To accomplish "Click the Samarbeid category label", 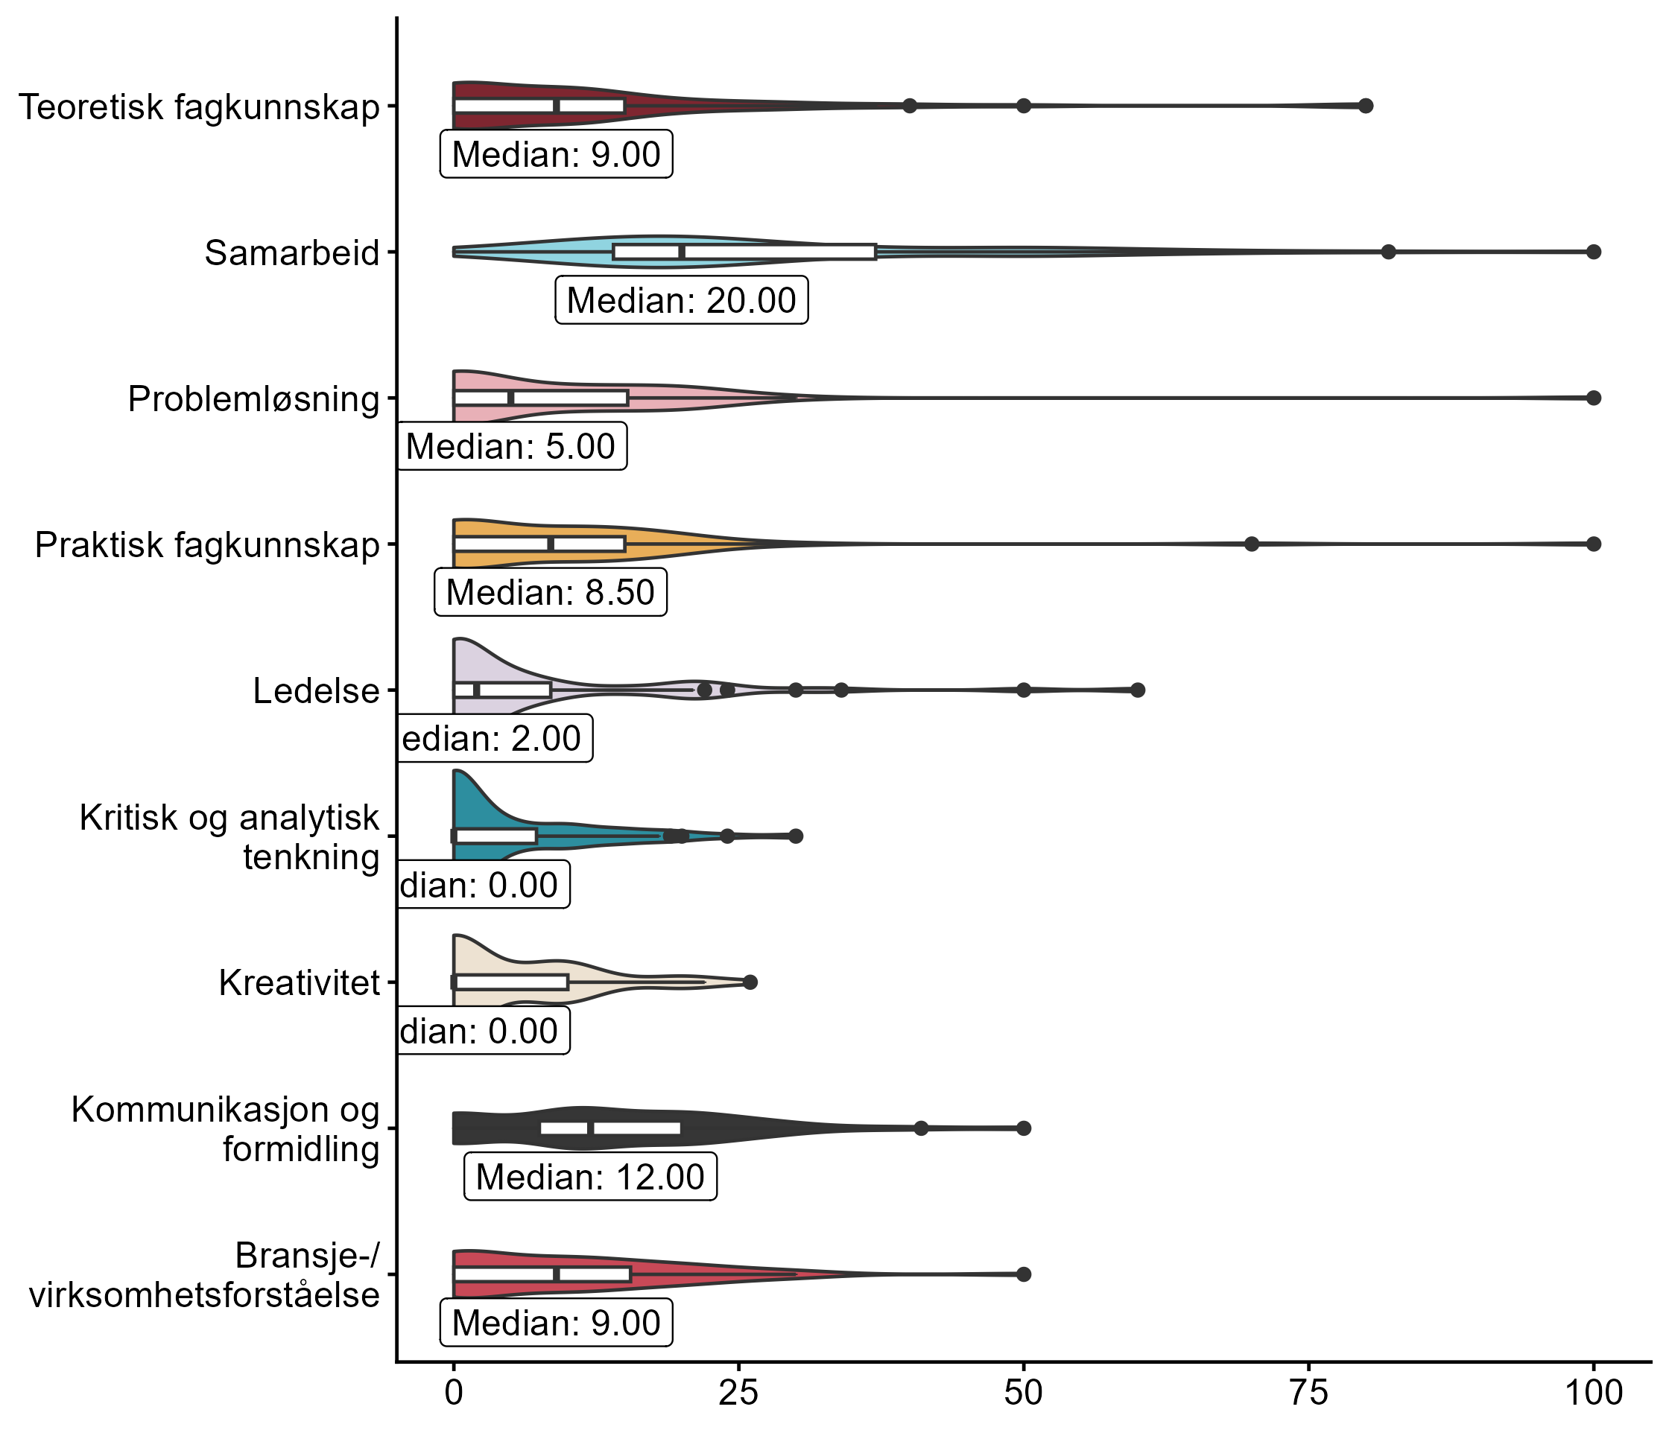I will [x=291, y=252].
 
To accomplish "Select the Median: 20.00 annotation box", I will [x=682, y=300].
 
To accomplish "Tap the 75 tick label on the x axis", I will [x=1308, y=1392].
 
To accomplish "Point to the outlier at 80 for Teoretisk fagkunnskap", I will [x=1365, y=106].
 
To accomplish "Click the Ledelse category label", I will [x=316, y=691].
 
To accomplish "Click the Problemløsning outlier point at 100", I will [x=1593, y=398].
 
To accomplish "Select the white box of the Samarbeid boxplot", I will [x=744, y=252].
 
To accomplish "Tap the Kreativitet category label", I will [x=299, y=983].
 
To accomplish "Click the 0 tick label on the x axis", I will [x=454, y=1392].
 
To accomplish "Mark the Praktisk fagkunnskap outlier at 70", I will [x=1252, y=544].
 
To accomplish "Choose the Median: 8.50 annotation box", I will [x=551, y=593].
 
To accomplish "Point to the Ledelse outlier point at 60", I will [x=1137, y=690].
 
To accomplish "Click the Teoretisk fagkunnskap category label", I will [x=199, y=107].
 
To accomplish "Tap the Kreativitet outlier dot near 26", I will [x=750, y=982].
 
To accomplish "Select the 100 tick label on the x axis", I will [x=1593, y=1392].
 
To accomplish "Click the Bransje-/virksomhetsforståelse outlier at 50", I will [x=1024, y=1274].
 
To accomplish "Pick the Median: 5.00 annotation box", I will [x=511, y=446].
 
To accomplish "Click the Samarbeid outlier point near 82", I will [x=1388, y=252].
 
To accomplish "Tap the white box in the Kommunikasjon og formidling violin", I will [x=610, y=1128].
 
